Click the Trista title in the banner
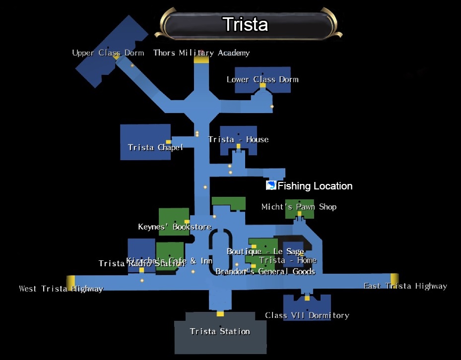click(245, 24)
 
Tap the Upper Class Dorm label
click(108, 53)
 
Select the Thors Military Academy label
click(201, 53)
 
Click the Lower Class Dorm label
click(262, 79)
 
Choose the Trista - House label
click(238, 139)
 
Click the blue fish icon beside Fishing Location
click(271, 185)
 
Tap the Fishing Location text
click(315, 186)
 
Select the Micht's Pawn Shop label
click(299, 207)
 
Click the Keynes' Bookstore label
click(174, 227)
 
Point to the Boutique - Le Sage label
click(265, 251)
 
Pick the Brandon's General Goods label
click(265, 272)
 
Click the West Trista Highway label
click(61, 289)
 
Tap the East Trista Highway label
click(405, 286)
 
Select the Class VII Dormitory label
click(307, 315)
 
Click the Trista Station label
click(220, 331)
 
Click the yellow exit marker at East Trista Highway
click(394, 279)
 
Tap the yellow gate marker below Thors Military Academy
click(201, 60)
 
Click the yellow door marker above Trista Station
click(220, 313)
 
